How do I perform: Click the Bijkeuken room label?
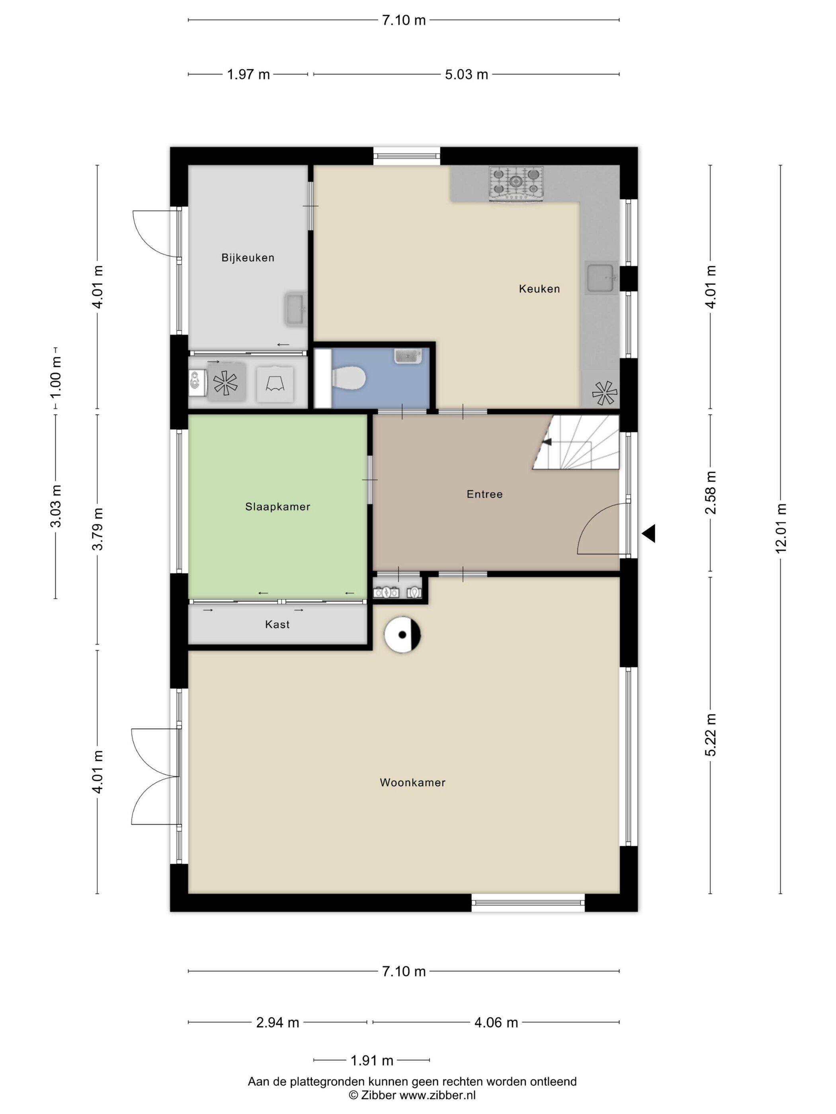(x=248, y=257)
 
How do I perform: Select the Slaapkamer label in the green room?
(x=277, y=506)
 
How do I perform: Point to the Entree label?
(x=484, y=494)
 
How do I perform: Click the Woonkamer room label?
(x=413, y=782)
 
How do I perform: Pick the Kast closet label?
(x=277, y=625)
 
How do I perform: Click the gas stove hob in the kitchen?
(x=516, y=184)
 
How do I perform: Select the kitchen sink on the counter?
(x=601, y=277)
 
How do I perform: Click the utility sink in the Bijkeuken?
(x=295, y=309)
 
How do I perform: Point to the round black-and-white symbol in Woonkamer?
(x=402, y=635)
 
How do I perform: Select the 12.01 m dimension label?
(x=781, y=528)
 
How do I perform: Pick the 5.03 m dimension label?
(x=466, y=74)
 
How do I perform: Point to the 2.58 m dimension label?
(x=711, y=493)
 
